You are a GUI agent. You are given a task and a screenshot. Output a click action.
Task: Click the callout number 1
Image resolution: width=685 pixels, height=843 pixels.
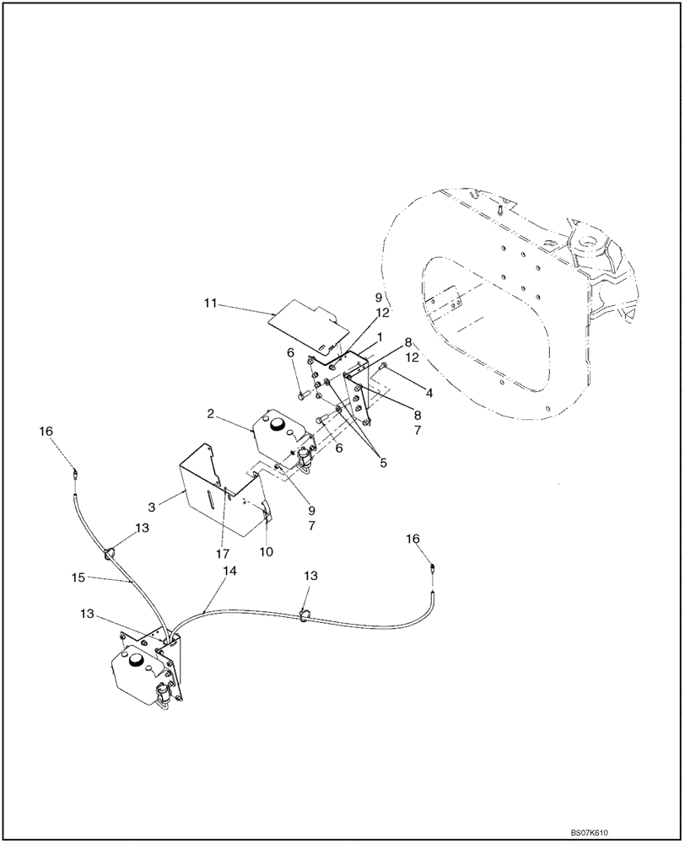click(x=380, y=336)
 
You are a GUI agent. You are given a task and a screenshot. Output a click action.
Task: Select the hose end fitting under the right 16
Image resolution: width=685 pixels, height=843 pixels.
click(x=433, y=570)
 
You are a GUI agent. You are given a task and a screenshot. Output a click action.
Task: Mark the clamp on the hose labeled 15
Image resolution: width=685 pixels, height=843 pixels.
click(x=108, y=554)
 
